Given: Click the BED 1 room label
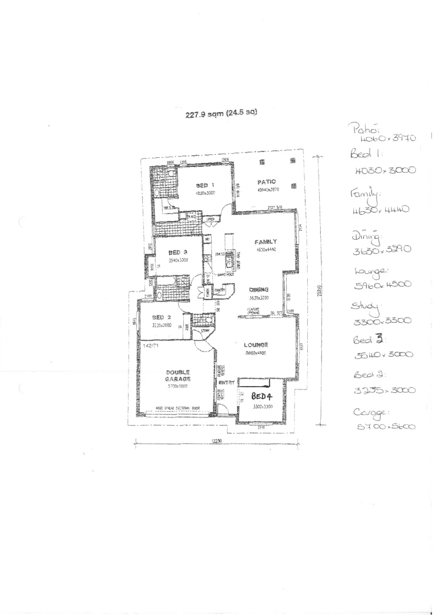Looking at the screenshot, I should (x=205, y=185).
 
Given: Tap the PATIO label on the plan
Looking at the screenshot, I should (x=266, y=182).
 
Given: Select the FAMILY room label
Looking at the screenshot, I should (x=266, y=242).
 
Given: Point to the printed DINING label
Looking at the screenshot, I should (x=258, y=290).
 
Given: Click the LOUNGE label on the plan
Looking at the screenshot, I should (x=256, y=345).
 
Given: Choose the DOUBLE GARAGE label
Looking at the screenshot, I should (x=178, y=375).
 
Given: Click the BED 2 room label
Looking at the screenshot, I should (x=162, y=317).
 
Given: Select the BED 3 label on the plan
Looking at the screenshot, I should (x=178, y=252).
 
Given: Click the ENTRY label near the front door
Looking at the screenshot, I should (x=226, y=383).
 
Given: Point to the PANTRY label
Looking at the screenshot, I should (x=220, y=290).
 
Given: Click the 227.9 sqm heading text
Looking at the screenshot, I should (x=221, y=113).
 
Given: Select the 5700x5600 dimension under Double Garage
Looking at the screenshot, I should (x=177, y=386).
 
